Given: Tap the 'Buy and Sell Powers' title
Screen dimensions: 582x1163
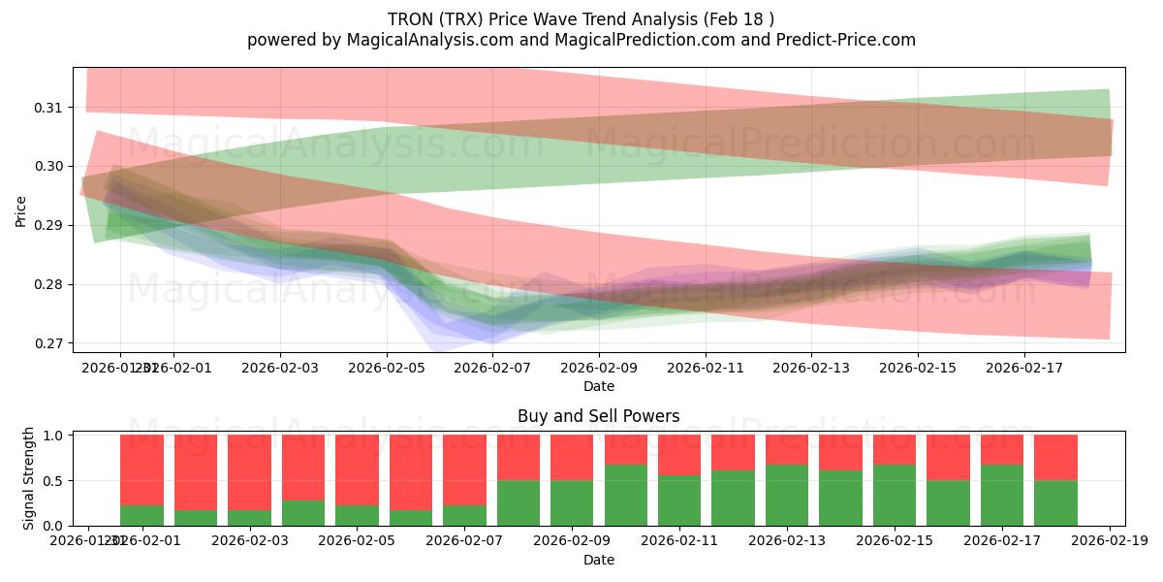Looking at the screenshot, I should click(598, 416).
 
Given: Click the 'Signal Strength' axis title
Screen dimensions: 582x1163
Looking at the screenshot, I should click(29, 478).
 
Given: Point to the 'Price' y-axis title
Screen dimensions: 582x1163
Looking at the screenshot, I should click(21, 210).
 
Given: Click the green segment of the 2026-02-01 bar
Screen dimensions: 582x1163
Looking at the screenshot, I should click(141, 515).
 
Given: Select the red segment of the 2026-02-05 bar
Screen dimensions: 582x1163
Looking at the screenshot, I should click(357, 469).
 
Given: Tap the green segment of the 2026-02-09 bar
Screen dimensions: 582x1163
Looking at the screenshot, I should click(572, 502).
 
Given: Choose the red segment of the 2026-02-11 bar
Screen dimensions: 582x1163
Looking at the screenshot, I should click(678, 455).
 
